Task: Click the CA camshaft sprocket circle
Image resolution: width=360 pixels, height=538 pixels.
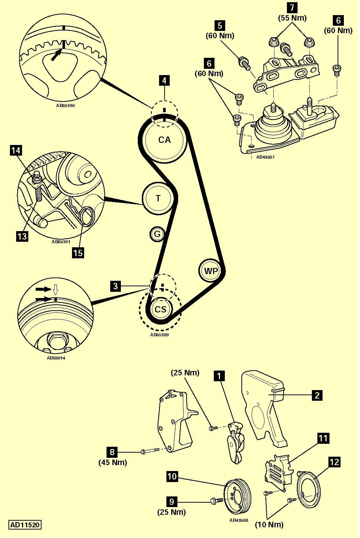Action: (164, 140)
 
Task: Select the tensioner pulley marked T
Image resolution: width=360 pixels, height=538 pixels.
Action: (158, 198)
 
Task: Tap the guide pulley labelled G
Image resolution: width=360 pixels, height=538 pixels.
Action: (157, 234)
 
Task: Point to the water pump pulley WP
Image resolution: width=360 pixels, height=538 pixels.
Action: (211, 271)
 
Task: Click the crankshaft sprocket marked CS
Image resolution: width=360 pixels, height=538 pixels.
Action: (161, 309)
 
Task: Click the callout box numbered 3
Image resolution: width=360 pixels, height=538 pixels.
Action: (116, 286)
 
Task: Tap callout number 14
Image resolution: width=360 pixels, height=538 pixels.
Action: (16, 151)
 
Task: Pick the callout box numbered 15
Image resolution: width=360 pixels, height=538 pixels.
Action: (78, 253)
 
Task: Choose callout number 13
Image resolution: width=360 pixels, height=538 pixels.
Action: (22, 236)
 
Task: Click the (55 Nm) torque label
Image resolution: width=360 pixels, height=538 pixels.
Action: (292, 18)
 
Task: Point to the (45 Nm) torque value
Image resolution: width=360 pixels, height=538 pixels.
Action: (112, 462)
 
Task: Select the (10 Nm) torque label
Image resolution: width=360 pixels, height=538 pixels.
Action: (269, 524)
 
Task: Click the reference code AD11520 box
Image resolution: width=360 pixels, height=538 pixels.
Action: (25, 525)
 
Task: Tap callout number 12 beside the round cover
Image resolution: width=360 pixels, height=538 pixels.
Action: (334, 462)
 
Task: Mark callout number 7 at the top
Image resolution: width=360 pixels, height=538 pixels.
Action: (292, 7)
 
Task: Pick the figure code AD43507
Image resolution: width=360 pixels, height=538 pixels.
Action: (265, 157)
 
